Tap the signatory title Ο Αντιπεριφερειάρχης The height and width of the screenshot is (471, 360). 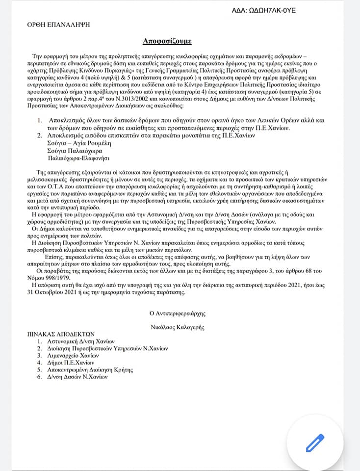(x=180, y=313)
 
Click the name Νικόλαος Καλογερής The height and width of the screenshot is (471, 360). (x=180, y=326)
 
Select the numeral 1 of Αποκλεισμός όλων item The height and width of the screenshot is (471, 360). (x=40, y=121)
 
